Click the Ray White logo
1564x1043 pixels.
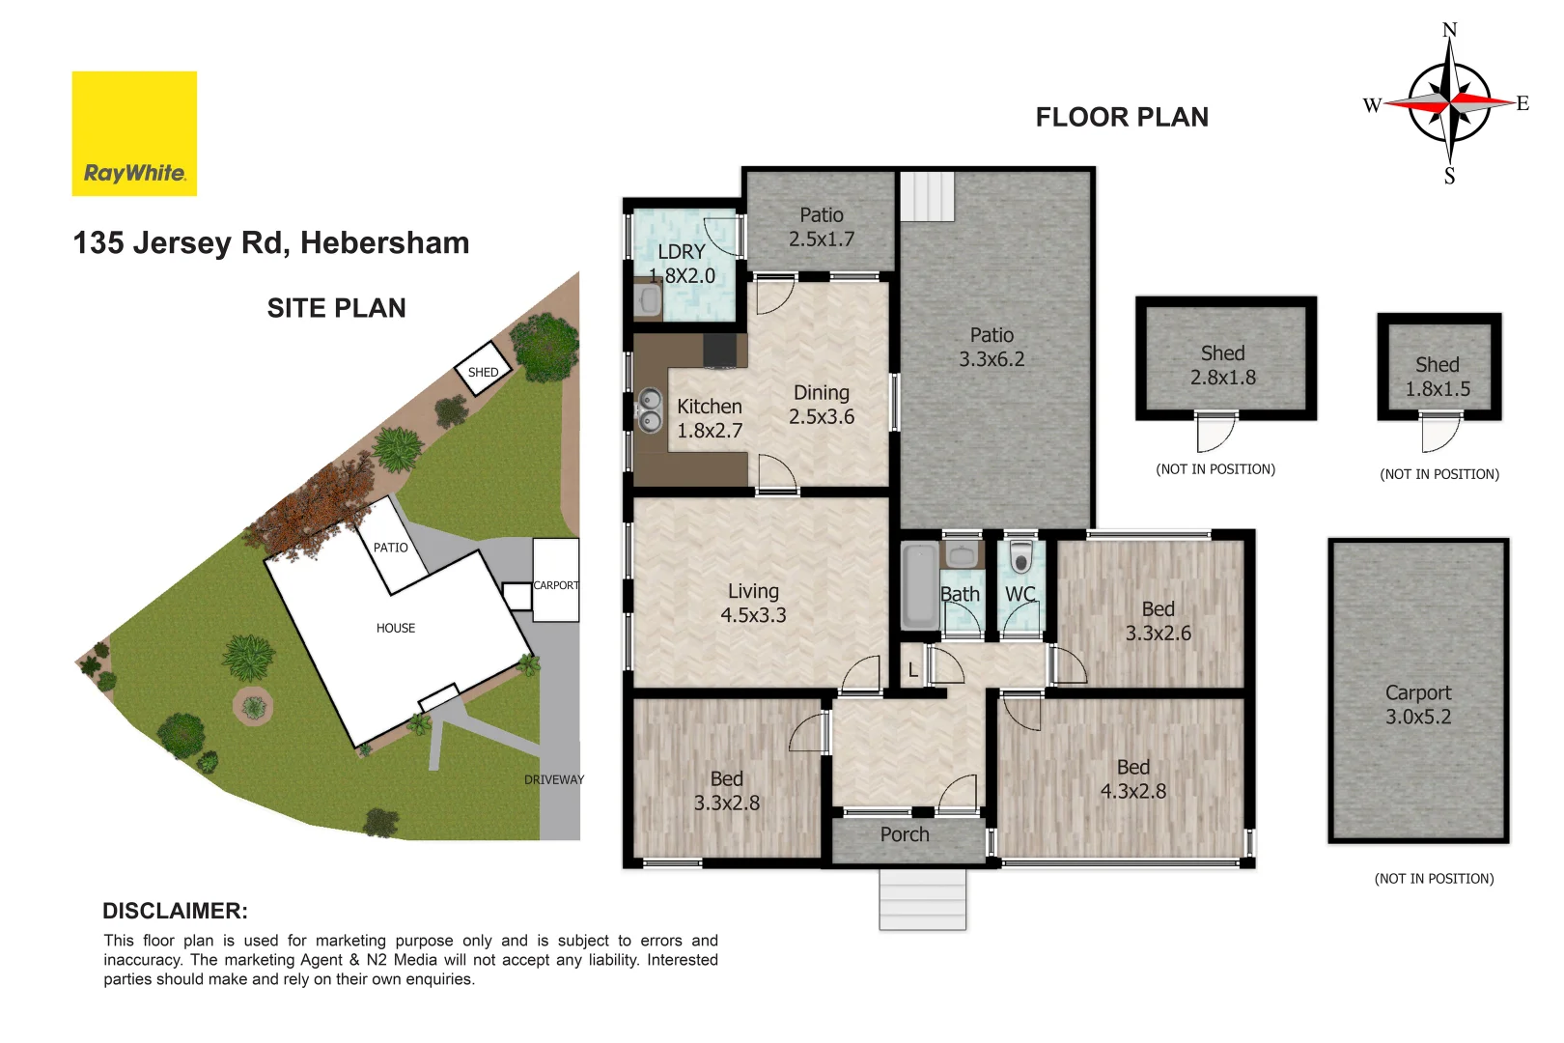134,133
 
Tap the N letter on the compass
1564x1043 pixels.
1449,30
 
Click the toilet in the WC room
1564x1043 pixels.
1020,558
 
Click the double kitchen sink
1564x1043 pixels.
650,409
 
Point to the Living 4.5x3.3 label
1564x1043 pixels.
753,603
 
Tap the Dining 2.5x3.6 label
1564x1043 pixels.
822,405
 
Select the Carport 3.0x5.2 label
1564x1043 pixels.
1418,705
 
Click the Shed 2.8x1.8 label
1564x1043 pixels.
1223,365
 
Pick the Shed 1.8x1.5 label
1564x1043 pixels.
1438,377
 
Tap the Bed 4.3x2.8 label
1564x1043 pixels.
1133,779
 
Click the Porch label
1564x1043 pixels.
905,834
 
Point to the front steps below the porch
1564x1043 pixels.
922,899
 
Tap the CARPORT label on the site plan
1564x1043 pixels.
556,585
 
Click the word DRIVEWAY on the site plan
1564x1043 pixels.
554,779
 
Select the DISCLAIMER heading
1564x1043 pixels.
175,911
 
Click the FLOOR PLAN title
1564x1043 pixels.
1122,117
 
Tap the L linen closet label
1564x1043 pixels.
912,670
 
